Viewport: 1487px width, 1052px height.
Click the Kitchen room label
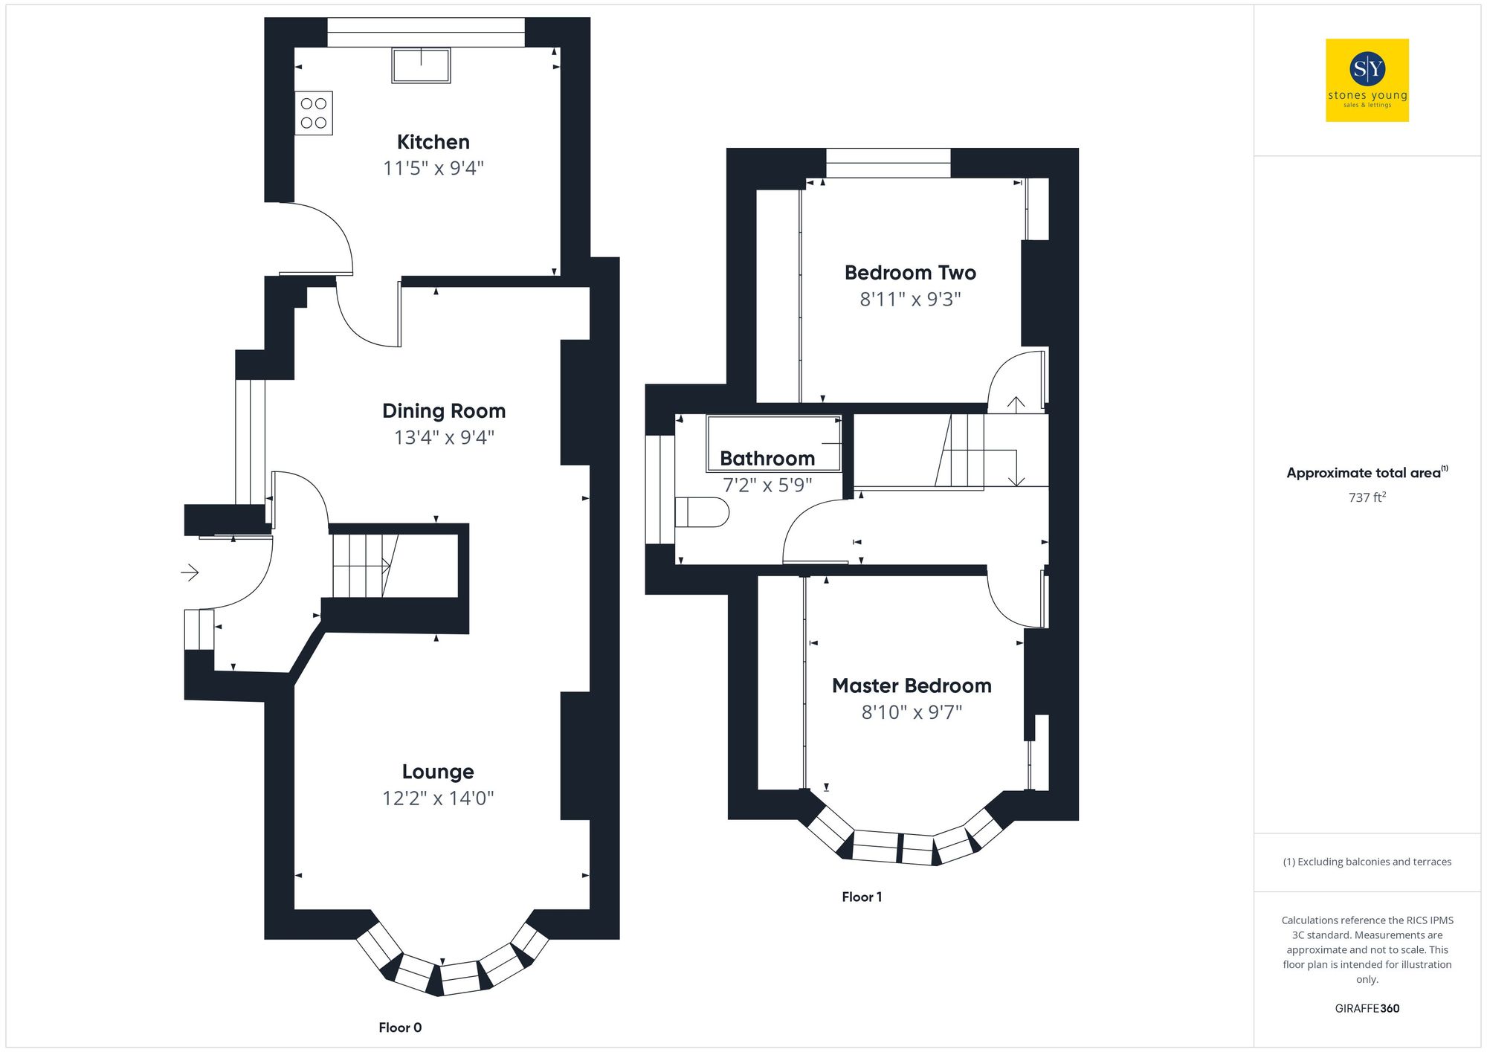(x=433, y=142)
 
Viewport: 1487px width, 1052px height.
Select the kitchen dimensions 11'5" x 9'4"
(x=433, y=169)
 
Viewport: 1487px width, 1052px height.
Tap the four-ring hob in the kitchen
(x=314, y=113)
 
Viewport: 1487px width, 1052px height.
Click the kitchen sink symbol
(x=421, y=65)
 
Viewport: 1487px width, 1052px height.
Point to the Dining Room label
(x=444, y=411)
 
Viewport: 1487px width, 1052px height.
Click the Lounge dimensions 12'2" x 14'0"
(x=438, y=798)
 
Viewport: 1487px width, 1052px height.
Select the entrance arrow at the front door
(x=190, y=572)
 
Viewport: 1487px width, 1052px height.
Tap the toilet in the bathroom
(x=701, y=512)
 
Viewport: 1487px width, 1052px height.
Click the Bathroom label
(x=767, y=459)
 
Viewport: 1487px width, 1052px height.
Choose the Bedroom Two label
(x=910, y=273)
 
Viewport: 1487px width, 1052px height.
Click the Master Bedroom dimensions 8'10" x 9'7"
(x=912, y=712)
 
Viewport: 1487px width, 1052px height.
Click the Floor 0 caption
(x=400, y=1027)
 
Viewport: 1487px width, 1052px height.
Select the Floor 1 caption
(x=862, y=897)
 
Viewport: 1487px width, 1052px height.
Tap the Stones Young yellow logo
(x=1367, y=80)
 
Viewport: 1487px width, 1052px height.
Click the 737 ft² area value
(x=1367, y=497)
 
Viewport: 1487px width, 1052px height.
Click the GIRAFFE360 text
(x=1367, y=1008)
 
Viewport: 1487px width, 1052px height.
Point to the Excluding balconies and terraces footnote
(x=1367, y=862)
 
